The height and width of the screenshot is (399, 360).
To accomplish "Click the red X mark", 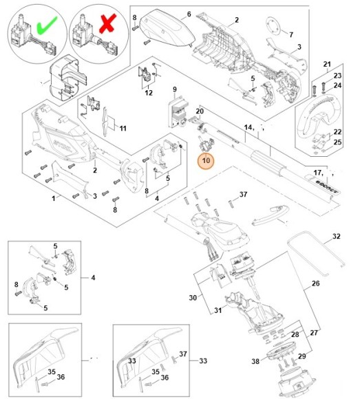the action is coord(107,23).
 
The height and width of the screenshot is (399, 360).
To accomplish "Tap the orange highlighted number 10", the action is coord(207,160).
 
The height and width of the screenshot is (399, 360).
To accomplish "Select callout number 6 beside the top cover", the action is coord(189,14).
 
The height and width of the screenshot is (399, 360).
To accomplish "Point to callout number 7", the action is coord(291,34).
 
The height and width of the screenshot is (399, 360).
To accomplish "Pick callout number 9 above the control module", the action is coord(175,89).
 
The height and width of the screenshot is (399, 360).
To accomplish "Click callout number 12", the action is coord(149,93).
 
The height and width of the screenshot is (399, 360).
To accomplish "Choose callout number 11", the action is coord(123,129).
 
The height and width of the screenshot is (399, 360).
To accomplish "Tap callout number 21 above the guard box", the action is coord(327,65).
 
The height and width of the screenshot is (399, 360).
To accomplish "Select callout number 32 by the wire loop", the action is coord(337,237).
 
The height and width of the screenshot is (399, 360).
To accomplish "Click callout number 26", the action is coord(315,283).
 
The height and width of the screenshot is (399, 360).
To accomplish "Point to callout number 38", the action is coord(255,361).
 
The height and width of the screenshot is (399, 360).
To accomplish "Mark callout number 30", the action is coord(193,297).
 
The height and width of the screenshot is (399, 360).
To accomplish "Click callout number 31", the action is coord(218,310).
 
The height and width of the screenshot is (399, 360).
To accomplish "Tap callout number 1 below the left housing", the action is coord(54,198).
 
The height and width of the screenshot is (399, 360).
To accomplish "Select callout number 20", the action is coord(200,111).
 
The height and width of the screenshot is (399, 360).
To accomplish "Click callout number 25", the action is coord(337,142).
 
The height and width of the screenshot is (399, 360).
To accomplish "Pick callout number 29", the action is coord(302,356).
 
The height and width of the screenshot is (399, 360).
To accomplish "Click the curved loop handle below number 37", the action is coord(271,215).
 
